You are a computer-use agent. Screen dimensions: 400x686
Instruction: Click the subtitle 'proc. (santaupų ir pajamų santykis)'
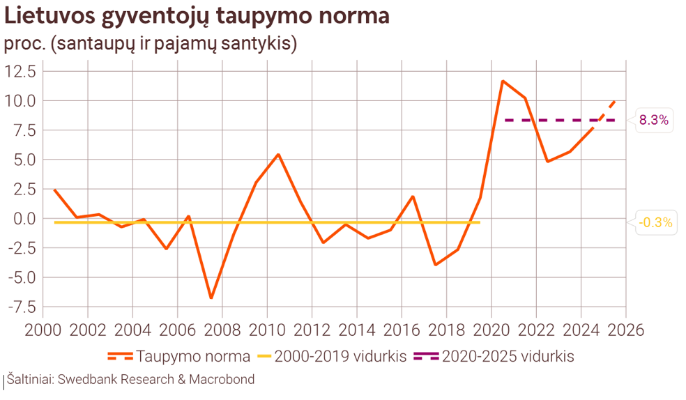[151, 44]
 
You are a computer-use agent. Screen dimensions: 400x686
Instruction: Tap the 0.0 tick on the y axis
[26, 218]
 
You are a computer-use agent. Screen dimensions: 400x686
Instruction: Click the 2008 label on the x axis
[222, 329]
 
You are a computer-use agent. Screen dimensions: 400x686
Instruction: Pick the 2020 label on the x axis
[491, 329]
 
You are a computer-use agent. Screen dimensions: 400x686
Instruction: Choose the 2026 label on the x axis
[625, 329]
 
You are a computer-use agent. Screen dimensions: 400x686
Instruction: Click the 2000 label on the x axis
[43, 329]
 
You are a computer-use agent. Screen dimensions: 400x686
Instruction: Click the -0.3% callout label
[656, 223]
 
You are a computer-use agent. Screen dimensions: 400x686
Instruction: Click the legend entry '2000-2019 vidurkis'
[331, 357]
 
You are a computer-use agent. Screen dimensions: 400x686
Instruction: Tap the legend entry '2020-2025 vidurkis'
[494, 357]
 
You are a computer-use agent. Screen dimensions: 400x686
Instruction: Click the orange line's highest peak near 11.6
[502, 81]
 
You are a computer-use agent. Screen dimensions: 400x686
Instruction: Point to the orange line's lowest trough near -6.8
[211, 298]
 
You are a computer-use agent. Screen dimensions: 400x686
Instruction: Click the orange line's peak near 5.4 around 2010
[278, 155]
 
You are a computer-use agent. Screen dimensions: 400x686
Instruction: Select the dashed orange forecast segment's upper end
[613, 101]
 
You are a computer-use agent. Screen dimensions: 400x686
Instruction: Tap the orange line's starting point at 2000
[54, 190]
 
